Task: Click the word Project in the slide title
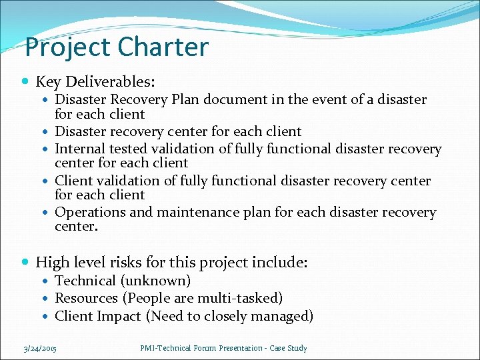[x=69, y=47]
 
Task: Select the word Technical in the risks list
[x=84, y=281]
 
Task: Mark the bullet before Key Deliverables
[x=25, y=82]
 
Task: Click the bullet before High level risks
[x=25, y=263]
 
